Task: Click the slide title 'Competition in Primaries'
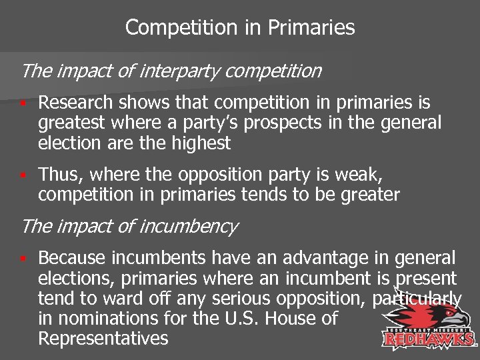240,27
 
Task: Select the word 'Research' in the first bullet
74,103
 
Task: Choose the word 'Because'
71,259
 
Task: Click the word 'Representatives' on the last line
103,339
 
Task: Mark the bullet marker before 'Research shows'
23,103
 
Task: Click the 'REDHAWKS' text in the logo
429,339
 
